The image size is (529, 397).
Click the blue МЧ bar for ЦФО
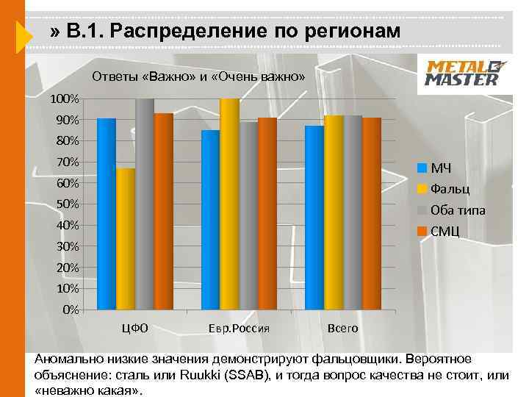107,213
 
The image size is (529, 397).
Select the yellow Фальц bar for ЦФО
126,238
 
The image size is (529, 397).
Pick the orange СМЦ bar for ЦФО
164,211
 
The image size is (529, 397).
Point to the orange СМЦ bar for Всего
372,213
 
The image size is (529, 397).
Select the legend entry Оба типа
457,210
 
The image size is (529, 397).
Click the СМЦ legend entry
444,232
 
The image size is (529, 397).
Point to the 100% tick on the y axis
65,99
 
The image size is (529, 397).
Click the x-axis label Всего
343,328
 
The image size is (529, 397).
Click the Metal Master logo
463,73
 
